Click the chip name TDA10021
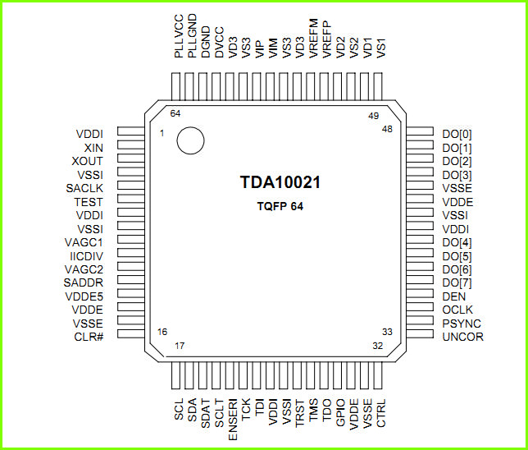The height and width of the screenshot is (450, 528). pos(280,182)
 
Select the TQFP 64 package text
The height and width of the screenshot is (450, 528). pos(280,206)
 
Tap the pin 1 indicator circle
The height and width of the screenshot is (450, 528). pos(190,140)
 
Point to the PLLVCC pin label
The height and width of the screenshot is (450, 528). pos(179,36)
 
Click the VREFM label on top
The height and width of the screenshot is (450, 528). pos(313,38)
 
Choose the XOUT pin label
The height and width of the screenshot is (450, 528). pos(87,161)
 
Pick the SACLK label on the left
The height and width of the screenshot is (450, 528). pos(84,188)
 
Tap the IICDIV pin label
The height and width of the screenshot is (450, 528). pos(87,256)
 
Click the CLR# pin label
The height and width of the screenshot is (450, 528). pos(89,337)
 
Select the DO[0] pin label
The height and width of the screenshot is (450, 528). pos(457,134)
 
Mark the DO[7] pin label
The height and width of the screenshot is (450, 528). pos(457,282)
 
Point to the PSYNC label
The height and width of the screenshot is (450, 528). pos(462,324)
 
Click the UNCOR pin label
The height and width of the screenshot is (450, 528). pos(463,337)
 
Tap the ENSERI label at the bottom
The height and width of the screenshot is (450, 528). pos(233,420)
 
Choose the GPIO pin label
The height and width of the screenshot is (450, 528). pos(340,412)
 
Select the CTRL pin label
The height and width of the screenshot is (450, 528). pos(381,413)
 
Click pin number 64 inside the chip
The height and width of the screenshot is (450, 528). pos(175,113)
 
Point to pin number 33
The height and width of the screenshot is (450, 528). pos(387,332)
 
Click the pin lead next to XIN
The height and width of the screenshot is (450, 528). pos(131,145)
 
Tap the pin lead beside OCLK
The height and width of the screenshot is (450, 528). pos(420,307)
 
